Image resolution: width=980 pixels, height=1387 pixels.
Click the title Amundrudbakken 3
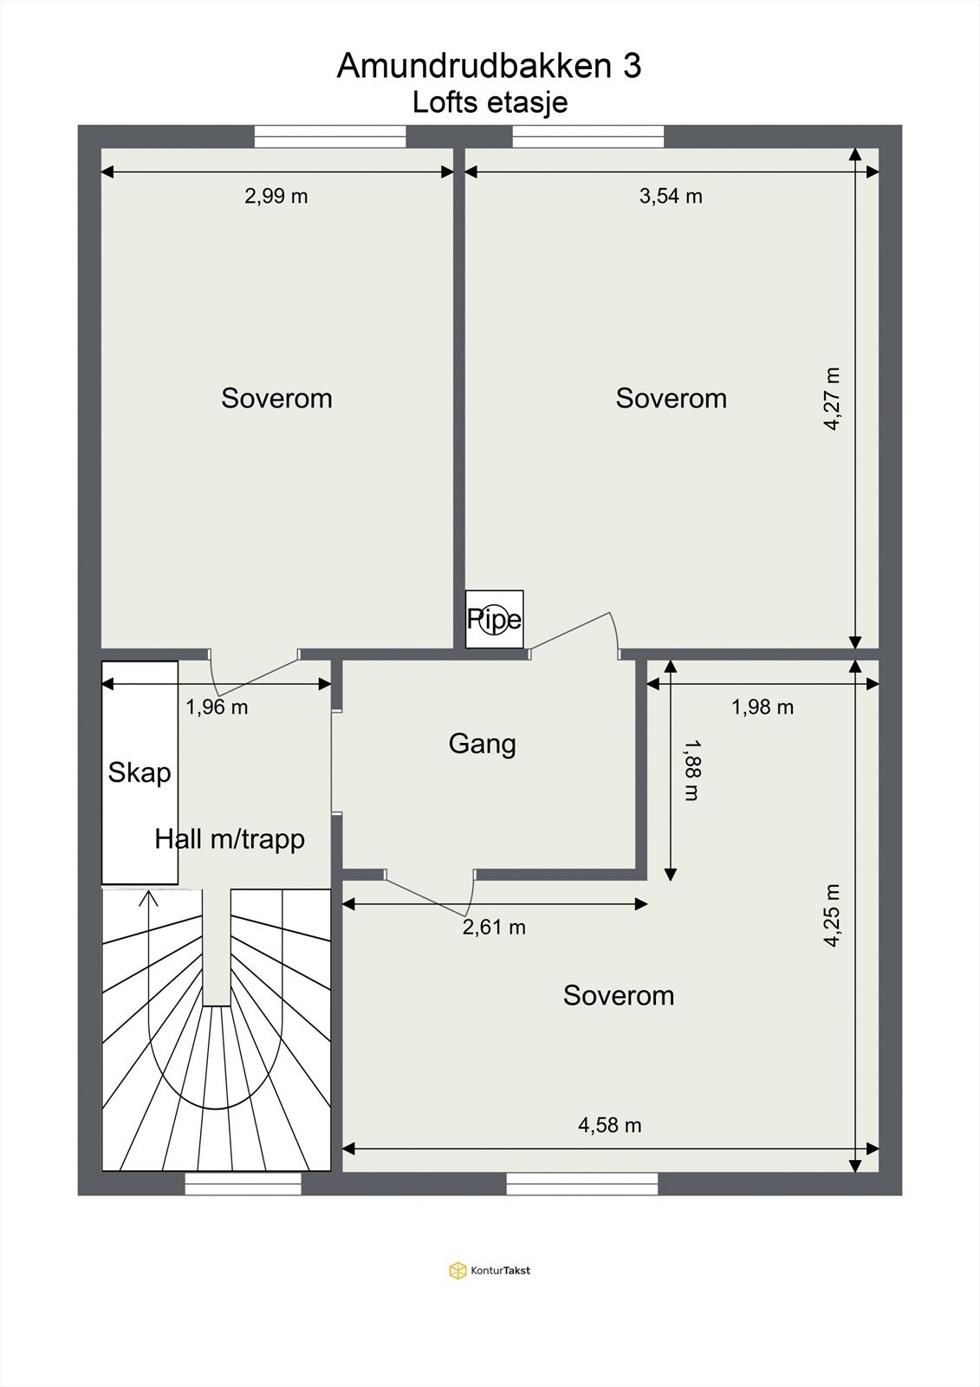[489, 66]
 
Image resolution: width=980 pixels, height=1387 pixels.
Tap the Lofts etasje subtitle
[490, 102]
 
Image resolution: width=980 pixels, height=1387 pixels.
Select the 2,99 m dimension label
[276, 196]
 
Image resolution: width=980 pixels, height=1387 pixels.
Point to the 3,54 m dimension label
[671, 196]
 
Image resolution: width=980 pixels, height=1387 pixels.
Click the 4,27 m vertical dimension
[832, 399]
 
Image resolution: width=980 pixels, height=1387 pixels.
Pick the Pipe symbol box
[495, 619]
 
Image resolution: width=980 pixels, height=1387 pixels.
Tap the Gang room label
[482, 744]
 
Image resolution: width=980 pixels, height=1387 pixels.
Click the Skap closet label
[140, 772]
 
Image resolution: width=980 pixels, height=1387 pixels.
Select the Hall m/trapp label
[230, 839]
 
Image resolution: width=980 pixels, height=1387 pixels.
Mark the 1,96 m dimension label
[217, 707]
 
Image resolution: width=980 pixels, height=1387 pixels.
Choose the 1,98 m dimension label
[763, 707]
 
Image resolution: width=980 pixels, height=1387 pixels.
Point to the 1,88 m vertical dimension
[691, 770]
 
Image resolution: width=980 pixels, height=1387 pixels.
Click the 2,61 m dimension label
[494, 928]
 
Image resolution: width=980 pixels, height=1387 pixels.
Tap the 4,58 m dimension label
[610, 1125]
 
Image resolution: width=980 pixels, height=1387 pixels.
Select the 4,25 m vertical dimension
[832, 915]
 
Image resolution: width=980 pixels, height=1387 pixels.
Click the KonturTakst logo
[490, 1271]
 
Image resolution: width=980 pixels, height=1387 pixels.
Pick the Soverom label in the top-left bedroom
[276, 398]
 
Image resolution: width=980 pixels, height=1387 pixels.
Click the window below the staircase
[243, 1183]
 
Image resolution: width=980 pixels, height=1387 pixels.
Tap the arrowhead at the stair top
[149, 897]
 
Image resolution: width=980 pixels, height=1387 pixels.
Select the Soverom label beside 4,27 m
[671, 398]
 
